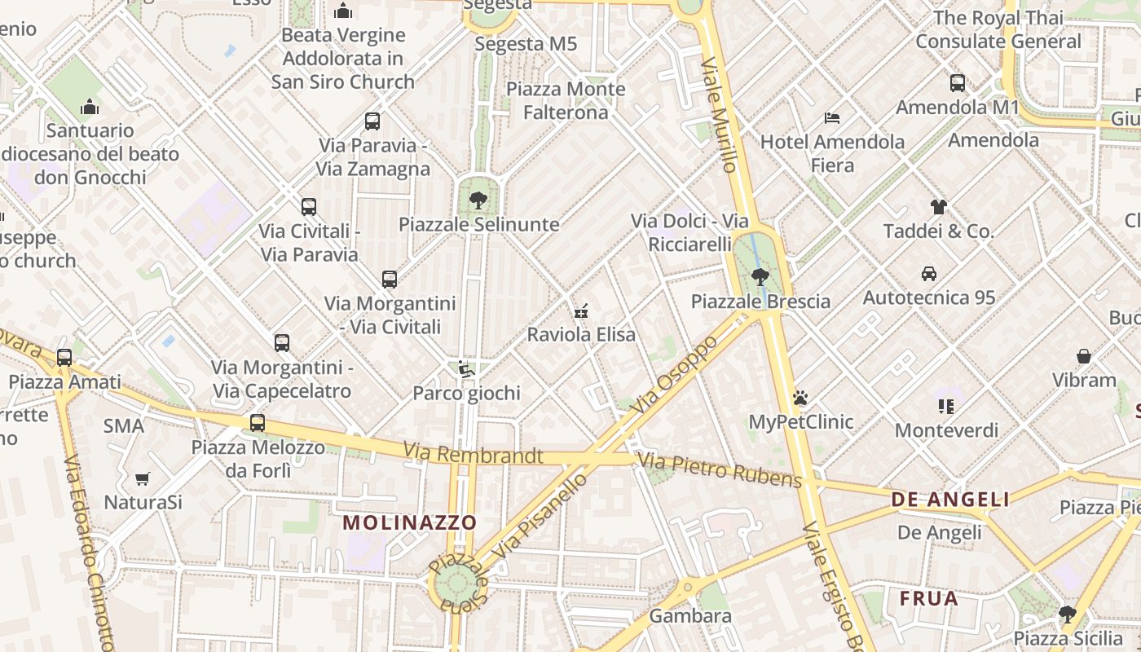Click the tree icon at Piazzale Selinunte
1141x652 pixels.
pyautogui.click(x=478, y=200)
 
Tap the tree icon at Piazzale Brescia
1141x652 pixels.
pyautogui.click(x=760, y=277)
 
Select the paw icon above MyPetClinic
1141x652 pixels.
pyautogui.click(x=800, y=398)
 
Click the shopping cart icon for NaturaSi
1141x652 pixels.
pyautogui.click(x=143, y=478)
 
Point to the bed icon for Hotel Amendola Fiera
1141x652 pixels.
pyautogui.click(x=832, y=118)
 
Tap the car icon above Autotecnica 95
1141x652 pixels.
pyautogui.click(x=929, y=273)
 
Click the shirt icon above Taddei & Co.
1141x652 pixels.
pyautogui.click(x=939, y=207)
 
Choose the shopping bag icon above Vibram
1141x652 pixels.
pyautogui.click(x=1084, y=356)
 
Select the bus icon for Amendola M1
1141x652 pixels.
pyautogui.click(x=958, y=83)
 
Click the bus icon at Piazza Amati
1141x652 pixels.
pyautogui.click(x=64, y=358)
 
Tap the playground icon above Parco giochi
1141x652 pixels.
pyautogui.click(x=466, y=369)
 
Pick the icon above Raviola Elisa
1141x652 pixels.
pyautogui.click(x=581, y=311)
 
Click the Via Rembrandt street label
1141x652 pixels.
pyautogui.click(x=473, y=454)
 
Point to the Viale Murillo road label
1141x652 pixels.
pyautogui.click(x=719, y=114)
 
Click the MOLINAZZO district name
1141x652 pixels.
pyautogui.click(x=409, y=522)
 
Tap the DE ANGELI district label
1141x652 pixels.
pyautogui.click(x=950, y=500)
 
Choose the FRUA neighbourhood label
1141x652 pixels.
pyautogui.click(x=929, y=599)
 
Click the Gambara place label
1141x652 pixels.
pyautogui.click(x=690, y=616)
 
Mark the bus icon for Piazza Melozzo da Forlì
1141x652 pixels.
pyautogui.click(x=258, y=422)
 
